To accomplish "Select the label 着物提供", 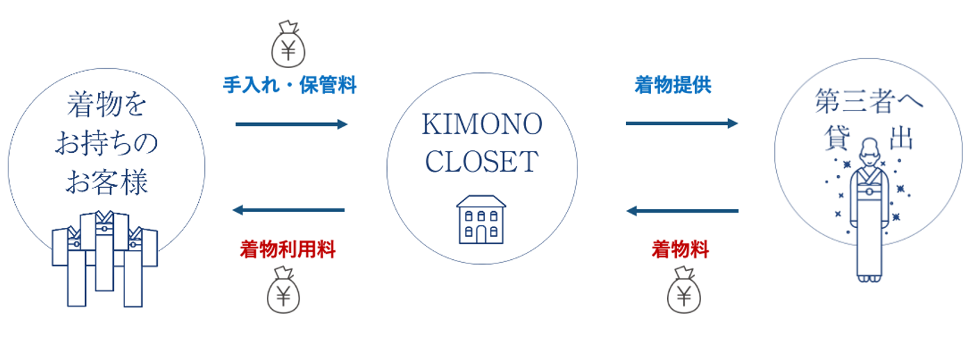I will coord(673,85).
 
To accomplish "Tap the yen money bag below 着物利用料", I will coord(283,292).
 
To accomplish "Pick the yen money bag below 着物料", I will coord(684,292).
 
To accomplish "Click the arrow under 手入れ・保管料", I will coord(291,124).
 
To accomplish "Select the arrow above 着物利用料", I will coord(288,210).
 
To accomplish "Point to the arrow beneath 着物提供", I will coord(682,124).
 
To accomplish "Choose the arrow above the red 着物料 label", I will coord(682,210).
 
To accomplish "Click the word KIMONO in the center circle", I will coord(482,126).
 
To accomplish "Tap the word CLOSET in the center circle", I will coord(482,161).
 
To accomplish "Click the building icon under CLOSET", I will coord(481,220).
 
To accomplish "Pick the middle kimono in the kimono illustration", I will coord(104,250).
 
